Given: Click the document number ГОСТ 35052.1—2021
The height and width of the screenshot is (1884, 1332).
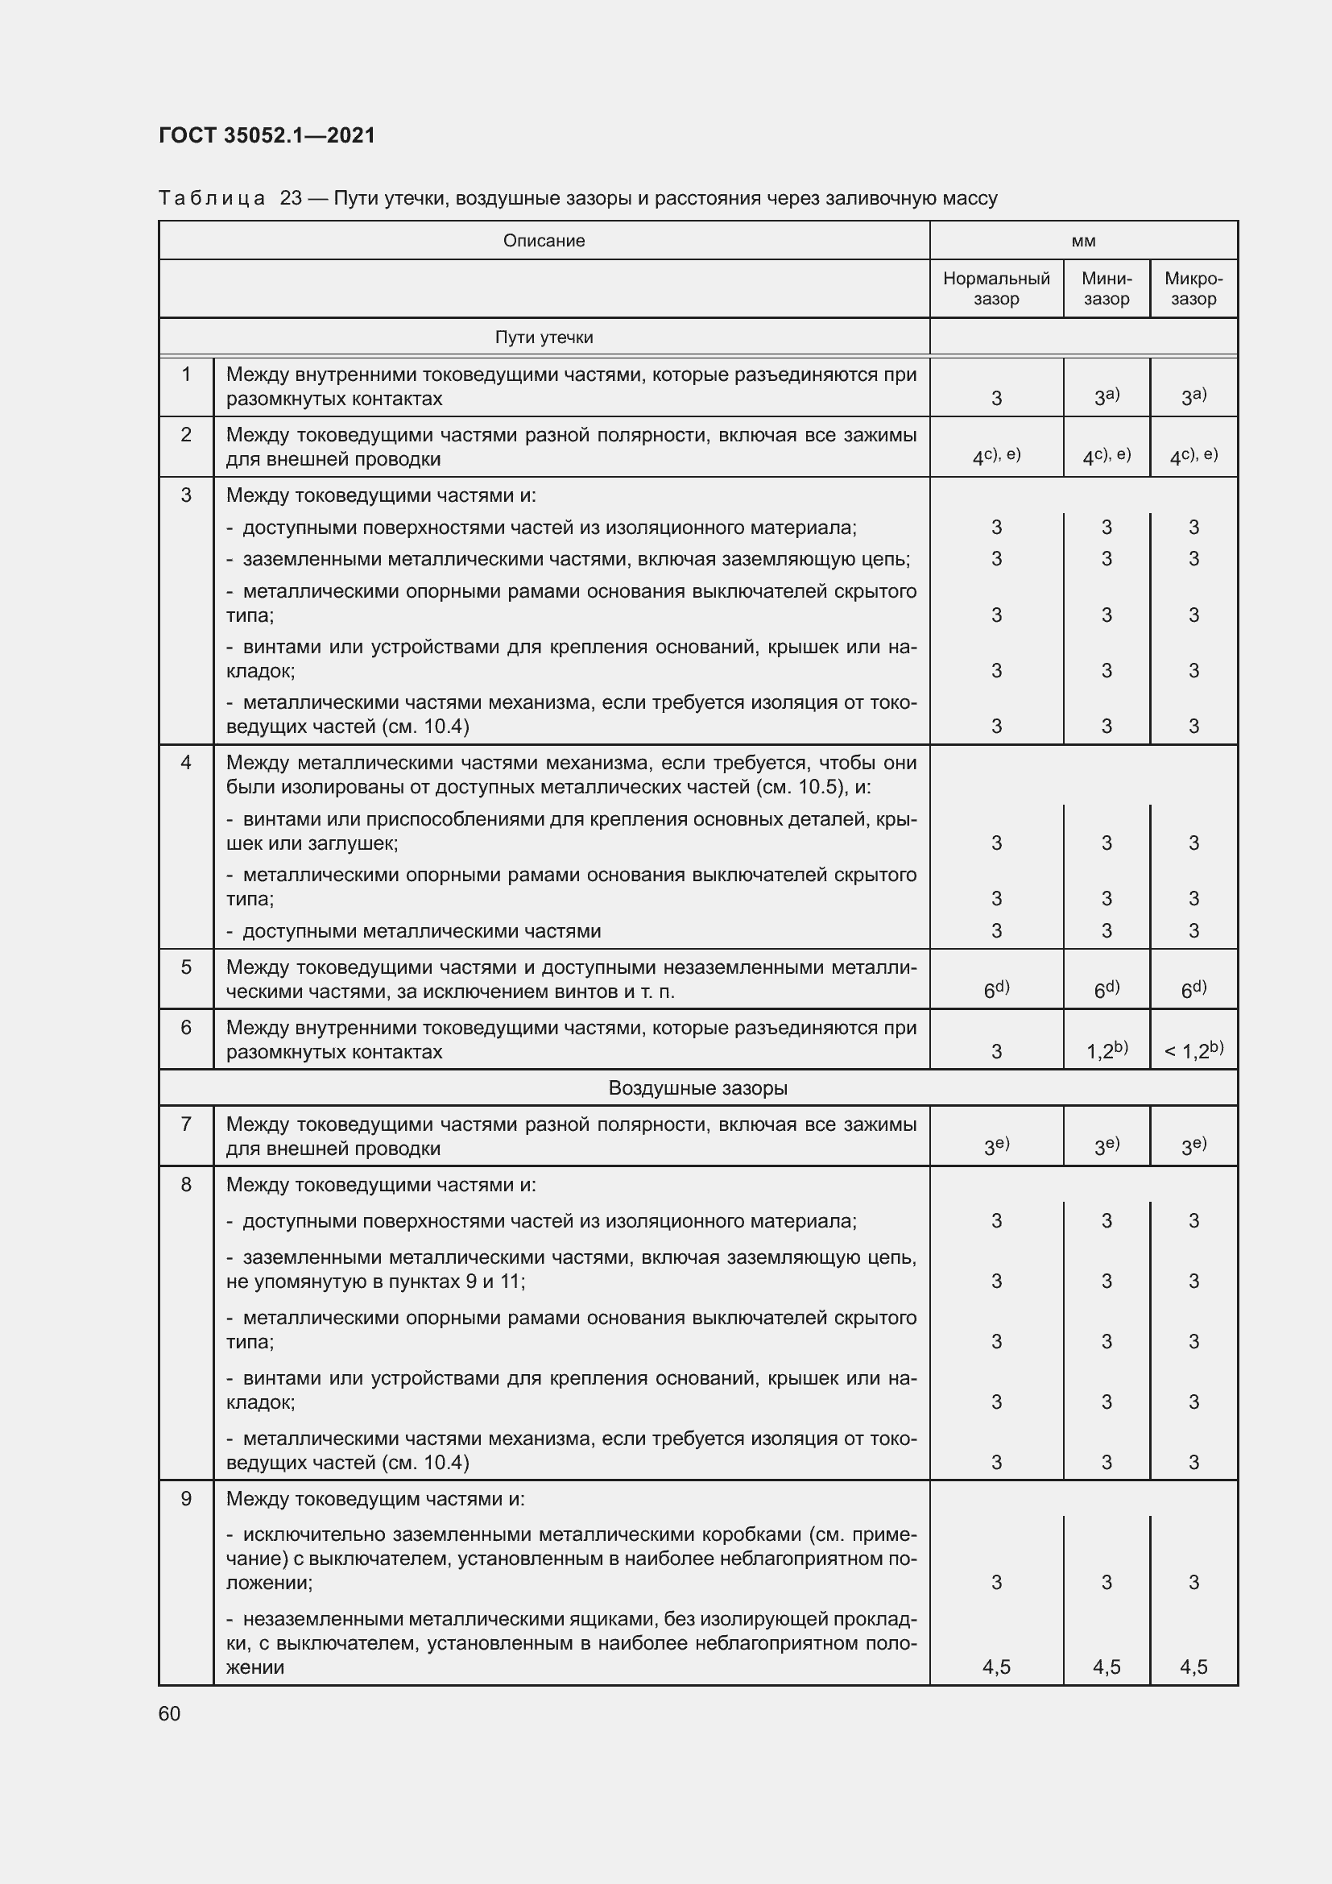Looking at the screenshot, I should [x=267, y=135].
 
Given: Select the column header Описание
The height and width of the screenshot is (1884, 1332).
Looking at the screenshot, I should [x=544, y=240].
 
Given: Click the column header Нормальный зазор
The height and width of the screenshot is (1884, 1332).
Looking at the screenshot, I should [x=995, y=289].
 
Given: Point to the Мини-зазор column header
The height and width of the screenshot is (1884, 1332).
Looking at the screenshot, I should [x=1107, y=289].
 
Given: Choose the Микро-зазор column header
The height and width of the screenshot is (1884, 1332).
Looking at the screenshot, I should [x=1193, y=289].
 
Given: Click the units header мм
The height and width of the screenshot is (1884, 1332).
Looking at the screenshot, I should [x=1083, y=240].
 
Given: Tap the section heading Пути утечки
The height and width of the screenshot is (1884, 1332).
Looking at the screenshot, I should [x=544, y=337].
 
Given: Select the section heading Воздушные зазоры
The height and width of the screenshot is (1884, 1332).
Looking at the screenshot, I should [x=698, y=1088].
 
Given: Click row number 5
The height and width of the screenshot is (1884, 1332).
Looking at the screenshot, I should [x=186, y=967].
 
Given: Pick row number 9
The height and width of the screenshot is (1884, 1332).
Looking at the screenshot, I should [x=186, y=1499].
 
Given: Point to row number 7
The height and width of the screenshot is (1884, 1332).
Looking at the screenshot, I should [x=186, y=1124].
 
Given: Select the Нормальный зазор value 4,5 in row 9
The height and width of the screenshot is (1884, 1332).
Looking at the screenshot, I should [x=995, y=1667].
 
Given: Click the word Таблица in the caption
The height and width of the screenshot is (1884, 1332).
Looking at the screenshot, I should [x=212, y=199].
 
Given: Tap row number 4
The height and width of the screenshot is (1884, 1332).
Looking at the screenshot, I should [x=186, y=763].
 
